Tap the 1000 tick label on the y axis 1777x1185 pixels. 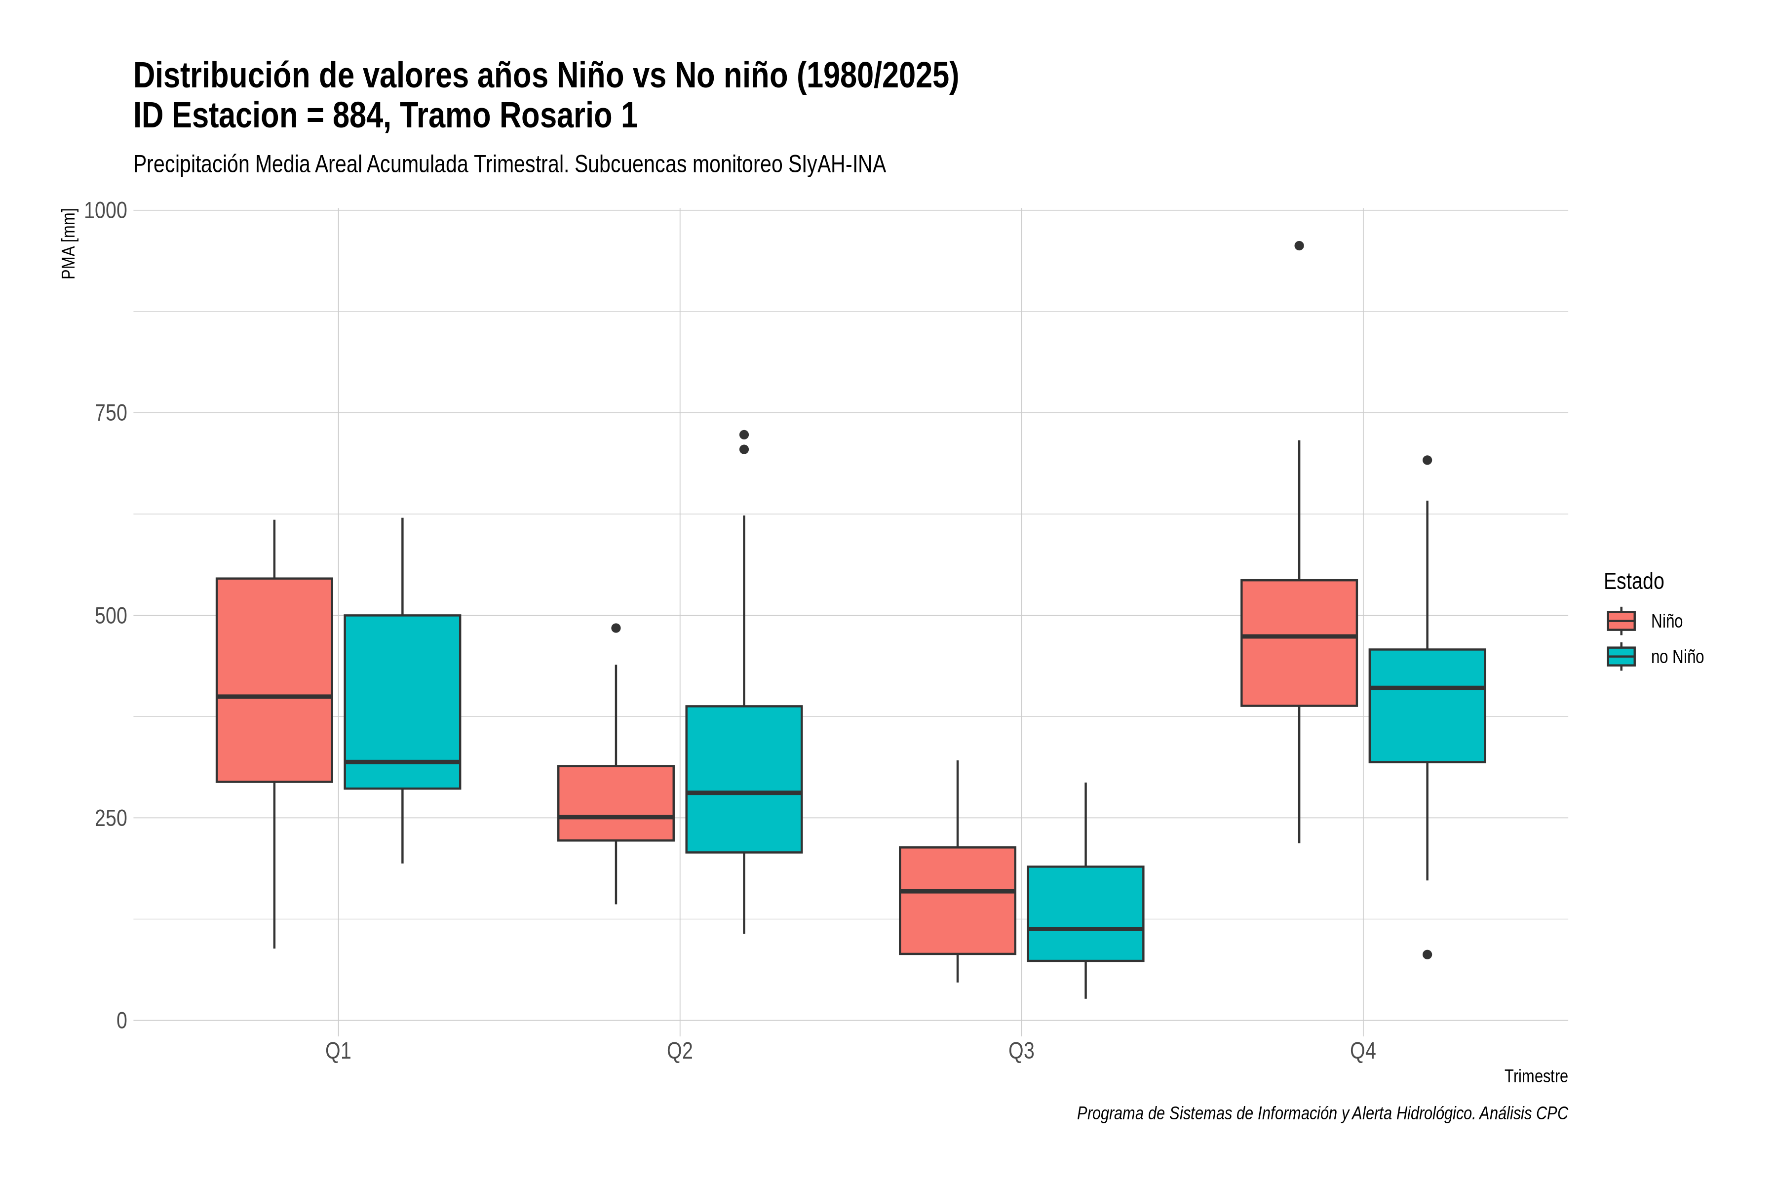(x=105, y=210)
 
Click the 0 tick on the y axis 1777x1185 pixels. (x=121, y=1021)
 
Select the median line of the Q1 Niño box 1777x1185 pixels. (x=274, y=696)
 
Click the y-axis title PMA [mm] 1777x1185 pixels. (x=69, y=244)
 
